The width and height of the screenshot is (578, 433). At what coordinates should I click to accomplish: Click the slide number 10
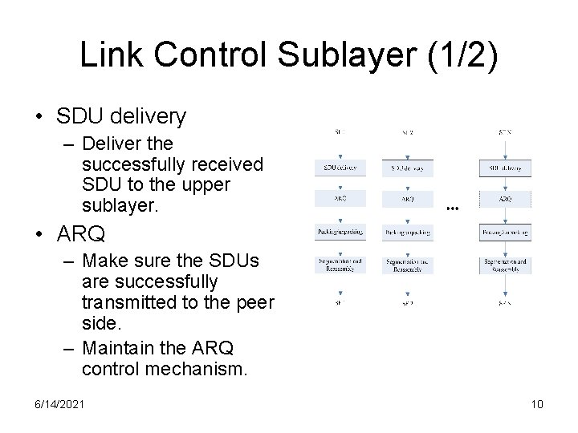tap(537, 404)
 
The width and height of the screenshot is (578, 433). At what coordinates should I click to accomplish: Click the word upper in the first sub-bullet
tap(206, 184)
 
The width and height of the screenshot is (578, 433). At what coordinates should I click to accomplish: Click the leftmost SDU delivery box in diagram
tap(340, 168)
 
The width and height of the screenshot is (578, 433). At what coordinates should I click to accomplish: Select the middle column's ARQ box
tap(408, 199)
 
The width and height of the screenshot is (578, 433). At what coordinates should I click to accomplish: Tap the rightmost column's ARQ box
tap(505, 199)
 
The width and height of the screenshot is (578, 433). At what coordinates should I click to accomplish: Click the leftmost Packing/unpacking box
tap(340, 232)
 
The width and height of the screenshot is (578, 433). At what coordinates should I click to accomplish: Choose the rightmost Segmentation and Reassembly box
tap(505, 265)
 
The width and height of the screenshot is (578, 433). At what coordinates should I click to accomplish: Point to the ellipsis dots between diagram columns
tap(453, 208)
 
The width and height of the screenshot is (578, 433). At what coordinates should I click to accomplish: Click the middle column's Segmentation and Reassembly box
tap(408, 265)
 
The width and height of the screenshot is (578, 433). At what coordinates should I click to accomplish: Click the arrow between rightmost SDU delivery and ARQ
tap(505, 184)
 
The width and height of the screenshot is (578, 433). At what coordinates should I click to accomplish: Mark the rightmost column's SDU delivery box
tap(505, 168)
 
